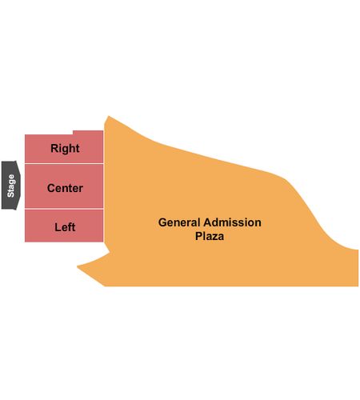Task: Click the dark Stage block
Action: (10, 186)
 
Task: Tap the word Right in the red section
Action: (65, 148)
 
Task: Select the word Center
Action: (65, 188)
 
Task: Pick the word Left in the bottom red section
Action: (65, 227)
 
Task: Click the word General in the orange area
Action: (179, 222)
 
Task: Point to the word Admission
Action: (233, 222)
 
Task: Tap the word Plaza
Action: (210, 236)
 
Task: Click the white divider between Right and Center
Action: (64, 163)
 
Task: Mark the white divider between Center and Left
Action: (64, 209)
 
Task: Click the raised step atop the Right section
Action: (88, 133)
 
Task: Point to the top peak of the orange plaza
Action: (108, 116)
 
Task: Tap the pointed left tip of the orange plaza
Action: (78, 266)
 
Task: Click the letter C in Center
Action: (51, 188)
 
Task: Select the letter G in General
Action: (162, 222)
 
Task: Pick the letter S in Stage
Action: (10, 194)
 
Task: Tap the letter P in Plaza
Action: (199, 236)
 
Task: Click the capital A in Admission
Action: (208, 222)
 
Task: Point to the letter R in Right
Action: (54, 148)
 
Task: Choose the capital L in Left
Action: (58, 227)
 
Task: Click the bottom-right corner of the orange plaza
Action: (358, 286)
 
